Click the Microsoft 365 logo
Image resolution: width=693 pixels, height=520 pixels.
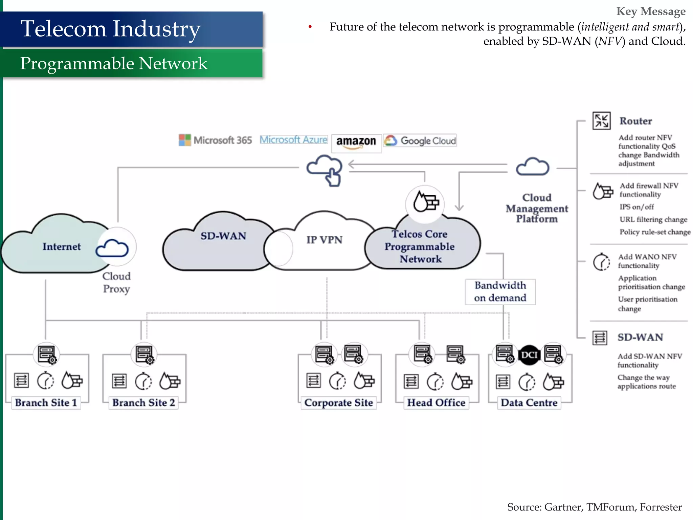(215, 140)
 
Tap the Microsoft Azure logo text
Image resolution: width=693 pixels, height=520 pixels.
(293, 140)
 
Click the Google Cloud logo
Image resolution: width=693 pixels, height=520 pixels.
(420, 140)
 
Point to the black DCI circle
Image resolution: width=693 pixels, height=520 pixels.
(529, 355)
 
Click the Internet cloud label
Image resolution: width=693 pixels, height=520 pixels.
(62, 247)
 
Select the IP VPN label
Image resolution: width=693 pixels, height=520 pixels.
(324, 240)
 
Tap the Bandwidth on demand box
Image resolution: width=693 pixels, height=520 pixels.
(500, 291)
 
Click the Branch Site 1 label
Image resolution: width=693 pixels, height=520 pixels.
(46, 403)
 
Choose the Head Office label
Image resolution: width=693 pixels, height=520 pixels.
(436, 403)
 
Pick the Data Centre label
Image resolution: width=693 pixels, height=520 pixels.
(529, 403)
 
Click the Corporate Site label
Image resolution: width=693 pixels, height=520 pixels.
(338, 403)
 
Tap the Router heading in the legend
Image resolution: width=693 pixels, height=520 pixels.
(635, 121)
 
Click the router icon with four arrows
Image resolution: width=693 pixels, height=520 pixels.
(601, 121)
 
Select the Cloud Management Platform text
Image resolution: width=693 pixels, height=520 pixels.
(537, 208)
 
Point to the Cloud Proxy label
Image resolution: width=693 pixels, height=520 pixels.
(116, 283)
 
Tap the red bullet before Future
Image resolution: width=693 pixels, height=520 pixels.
(310, 27)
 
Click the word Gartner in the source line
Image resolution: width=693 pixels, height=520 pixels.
(563, 507)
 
